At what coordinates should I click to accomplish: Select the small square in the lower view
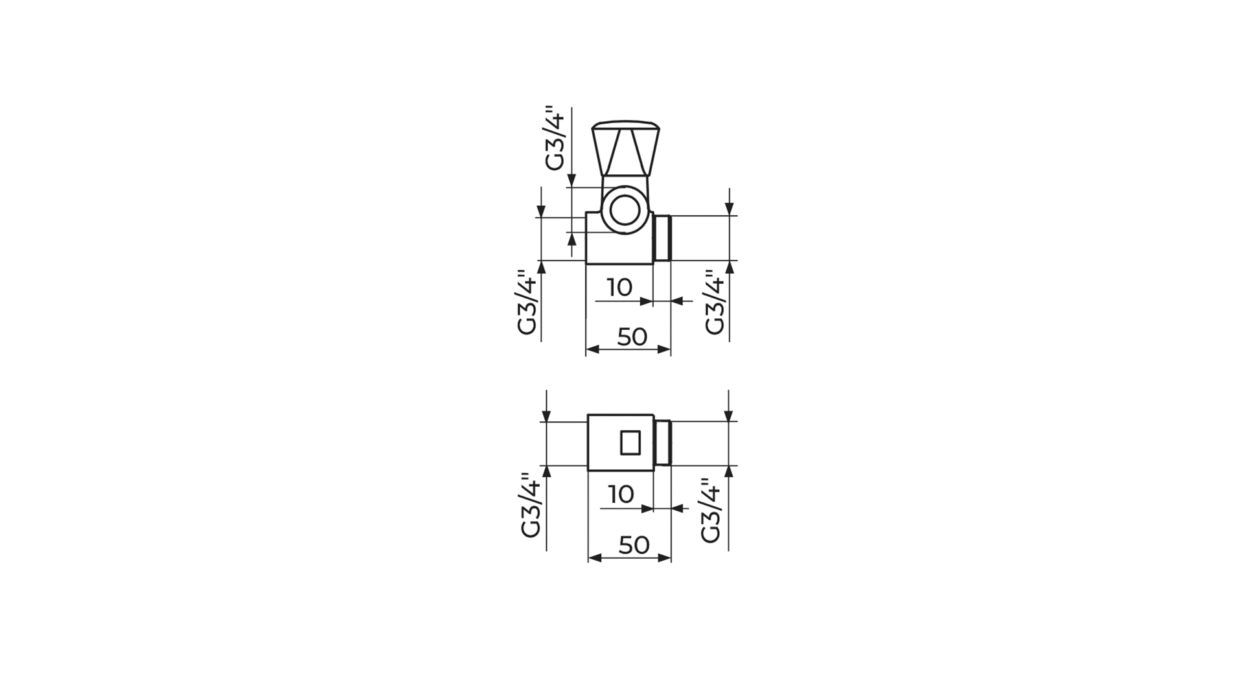click(630, 443)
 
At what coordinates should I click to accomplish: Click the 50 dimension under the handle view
click(632, 336)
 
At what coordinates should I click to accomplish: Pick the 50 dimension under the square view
click(634, 545)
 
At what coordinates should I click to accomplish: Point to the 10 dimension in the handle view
click(620, 287)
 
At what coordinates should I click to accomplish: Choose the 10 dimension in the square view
click(621, 495)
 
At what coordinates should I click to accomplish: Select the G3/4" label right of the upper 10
click(714, 303)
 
